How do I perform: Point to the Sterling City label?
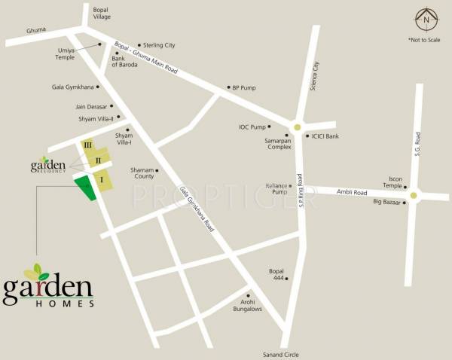pos(148,45)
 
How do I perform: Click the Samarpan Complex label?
pos(278,142)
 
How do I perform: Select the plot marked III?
pos(89,145)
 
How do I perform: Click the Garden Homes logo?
pos(49,285)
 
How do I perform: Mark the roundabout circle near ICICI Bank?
pos(298,127)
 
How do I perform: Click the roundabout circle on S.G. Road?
pos(413,196)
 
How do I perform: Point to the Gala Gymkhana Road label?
pos(197,209)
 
